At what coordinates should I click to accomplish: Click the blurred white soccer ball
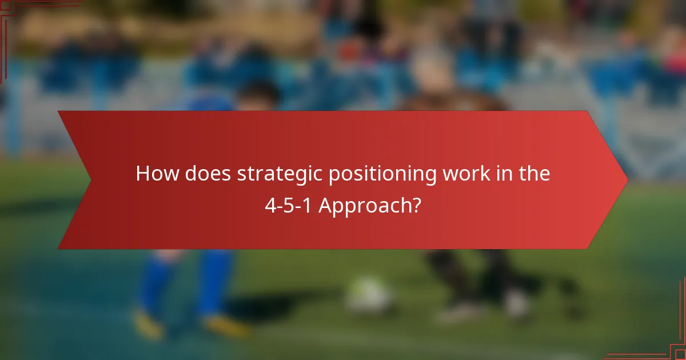369,295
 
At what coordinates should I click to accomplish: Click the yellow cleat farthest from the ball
147,323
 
